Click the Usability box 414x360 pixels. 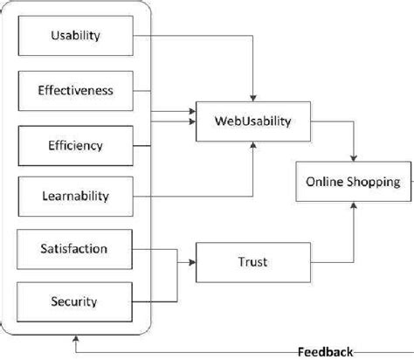coord(75,36)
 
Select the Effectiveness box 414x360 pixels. coord(75,89)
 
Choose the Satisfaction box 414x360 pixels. coord(75,249)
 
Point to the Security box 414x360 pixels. coord(75,301)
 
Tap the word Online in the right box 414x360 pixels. coord(323,182)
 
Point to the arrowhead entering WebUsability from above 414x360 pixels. coord(252,95)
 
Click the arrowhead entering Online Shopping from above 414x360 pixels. coord(353,160)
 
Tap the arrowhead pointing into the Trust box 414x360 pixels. coord(193,260)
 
